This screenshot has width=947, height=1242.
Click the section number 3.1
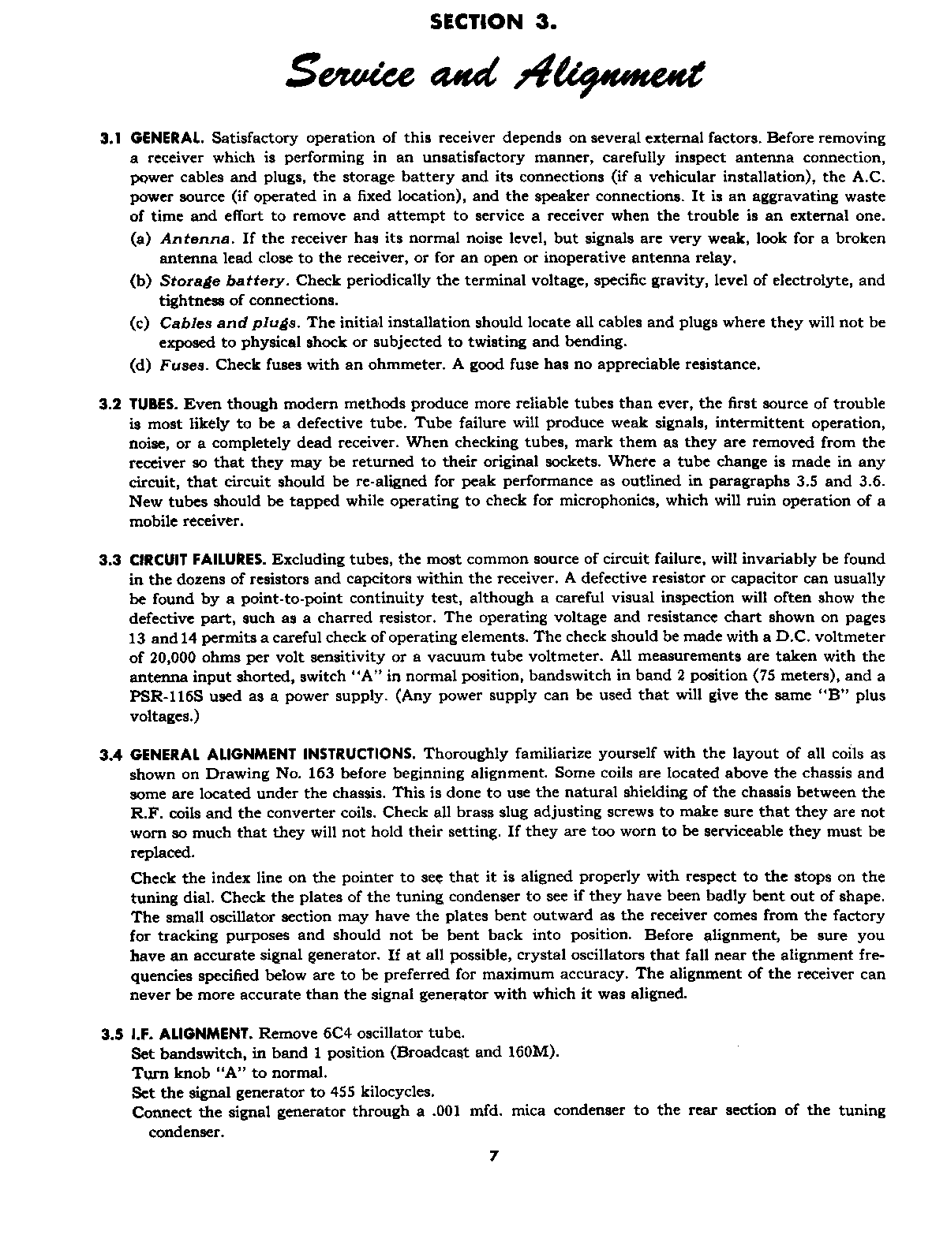(110, 139)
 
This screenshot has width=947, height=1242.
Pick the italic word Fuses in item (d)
(183, 365)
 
